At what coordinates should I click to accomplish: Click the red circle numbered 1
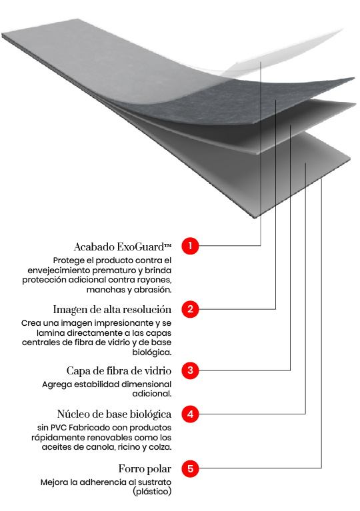tap(190, 246)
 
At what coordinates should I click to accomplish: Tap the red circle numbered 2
tap(190, 308)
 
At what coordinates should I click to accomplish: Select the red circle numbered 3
tap(190, 370)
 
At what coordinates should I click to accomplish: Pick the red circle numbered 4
tap(190, 414)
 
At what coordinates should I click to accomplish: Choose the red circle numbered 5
tap(190, 468)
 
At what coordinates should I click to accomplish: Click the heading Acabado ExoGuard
tap(123, 247)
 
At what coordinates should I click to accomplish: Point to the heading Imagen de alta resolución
tap(112, 310)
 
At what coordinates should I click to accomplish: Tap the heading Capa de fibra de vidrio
tap(119, 371)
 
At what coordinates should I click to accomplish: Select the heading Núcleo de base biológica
tap(114, 414)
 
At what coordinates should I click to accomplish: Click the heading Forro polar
tap(145, 469)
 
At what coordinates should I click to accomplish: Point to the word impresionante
tap(130, 323)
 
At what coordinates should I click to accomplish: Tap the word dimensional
tap(145, 384)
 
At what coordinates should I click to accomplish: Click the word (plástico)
tap(152, 492)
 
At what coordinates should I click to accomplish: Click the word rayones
tap(155, 280)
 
